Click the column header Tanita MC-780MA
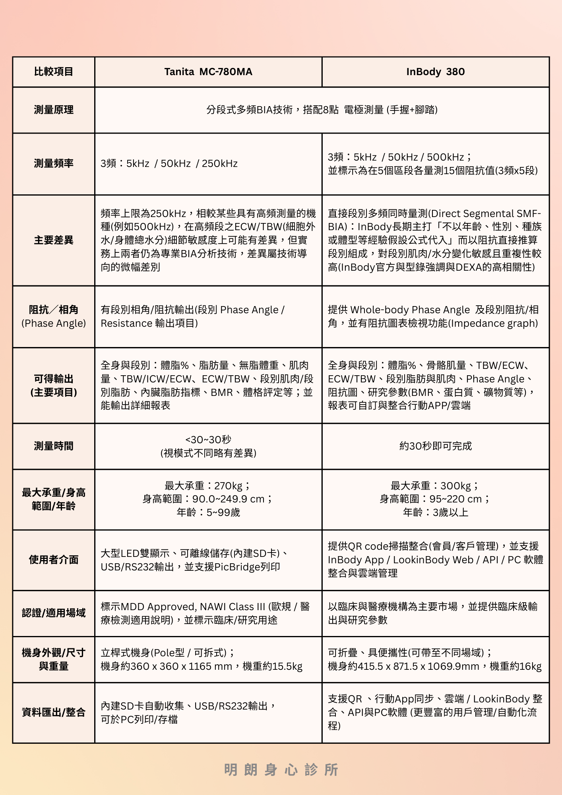click(208, 72)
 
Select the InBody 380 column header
click(435, 72)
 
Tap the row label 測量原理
click(54, 110)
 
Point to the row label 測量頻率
click(54, 163)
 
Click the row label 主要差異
click(54, 240)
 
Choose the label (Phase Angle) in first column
click(54, 323)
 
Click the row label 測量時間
click(54, 446)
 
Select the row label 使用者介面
click(54, 560)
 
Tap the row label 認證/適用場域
click(54, 613)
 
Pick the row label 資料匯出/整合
click(54, 712)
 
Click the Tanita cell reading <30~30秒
click(208, 440)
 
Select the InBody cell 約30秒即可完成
click(436, 446)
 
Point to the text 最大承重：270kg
click(208, 486)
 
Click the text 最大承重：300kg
click(435, 486)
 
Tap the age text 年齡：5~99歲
click(208, 512)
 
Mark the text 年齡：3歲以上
click(436, 512)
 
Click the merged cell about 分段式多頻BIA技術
click(322, 110)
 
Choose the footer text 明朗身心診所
click(281, 770)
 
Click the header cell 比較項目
click(54, 72)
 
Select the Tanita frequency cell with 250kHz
click(169, 163)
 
